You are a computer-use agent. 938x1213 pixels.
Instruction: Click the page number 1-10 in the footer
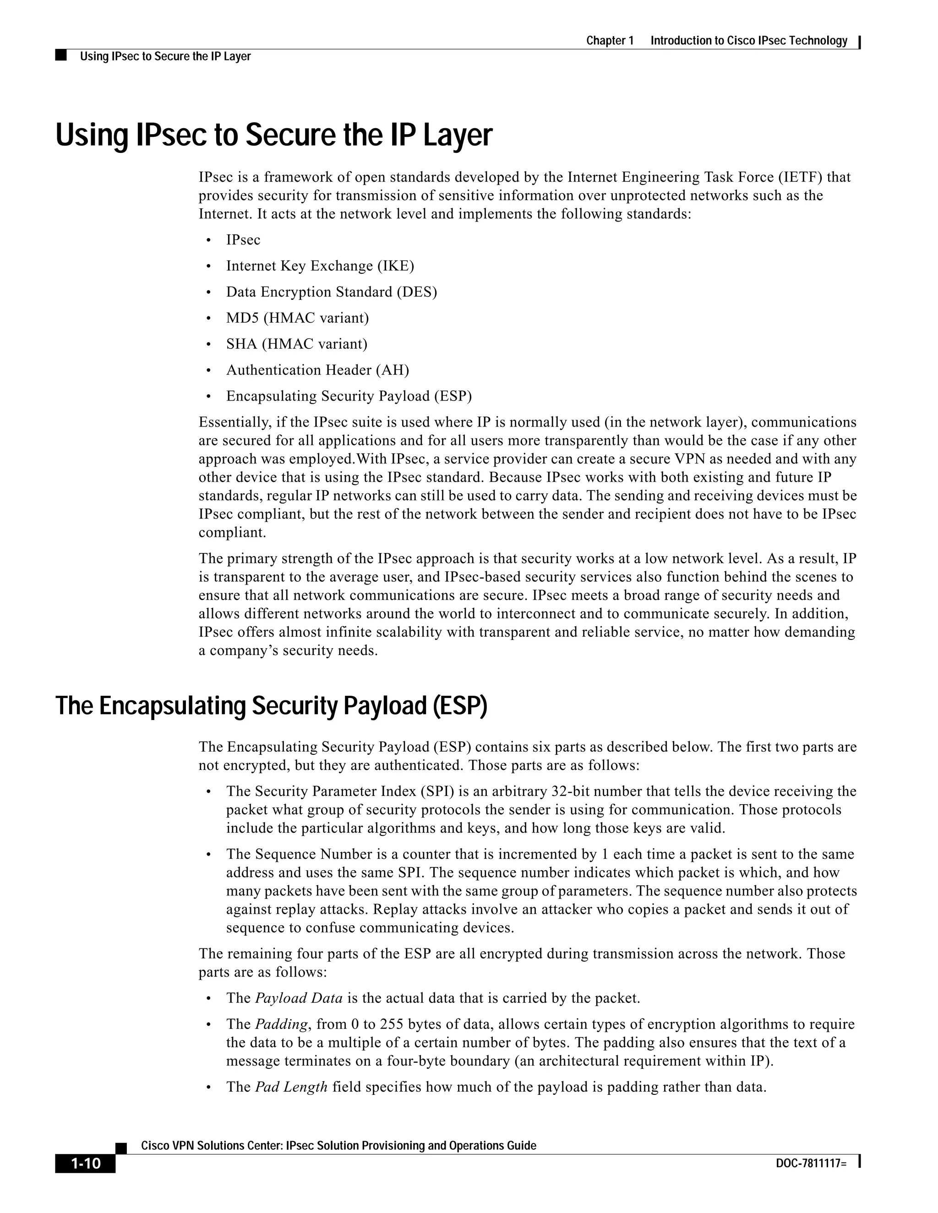click(85, 1163)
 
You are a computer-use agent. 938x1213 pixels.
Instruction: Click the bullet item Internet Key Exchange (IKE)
click(320, 266)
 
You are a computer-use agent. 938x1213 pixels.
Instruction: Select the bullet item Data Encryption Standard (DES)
click(331, 292)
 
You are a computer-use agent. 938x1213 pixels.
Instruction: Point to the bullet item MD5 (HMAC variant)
click(297, 318)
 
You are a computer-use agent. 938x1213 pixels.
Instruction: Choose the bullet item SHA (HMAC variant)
click(297, 344)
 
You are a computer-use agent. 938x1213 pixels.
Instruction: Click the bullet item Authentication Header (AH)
click(317, 370)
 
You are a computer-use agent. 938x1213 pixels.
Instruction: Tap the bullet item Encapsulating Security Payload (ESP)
click(349, 396)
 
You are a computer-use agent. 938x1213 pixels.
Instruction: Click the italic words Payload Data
click(299, 998)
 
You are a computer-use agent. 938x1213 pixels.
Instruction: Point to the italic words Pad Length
click(291, 1087)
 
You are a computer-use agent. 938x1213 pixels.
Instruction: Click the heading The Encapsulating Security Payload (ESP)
click(271, 706)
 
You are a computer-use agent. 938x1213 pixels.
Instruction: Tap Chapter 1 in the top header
click(610, 41)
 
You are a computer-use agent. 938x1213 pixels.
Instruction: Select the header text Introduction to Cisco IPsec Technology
click(748, 41)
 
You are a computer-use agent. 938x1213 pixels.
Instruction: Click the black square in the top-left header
click(61, 55)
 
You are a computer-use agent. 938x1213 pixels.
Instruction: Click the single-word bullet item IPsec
click(243, 240)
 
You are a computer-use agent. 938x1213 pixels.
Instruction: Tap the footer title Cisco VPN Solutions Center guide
click(338, 1145)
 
